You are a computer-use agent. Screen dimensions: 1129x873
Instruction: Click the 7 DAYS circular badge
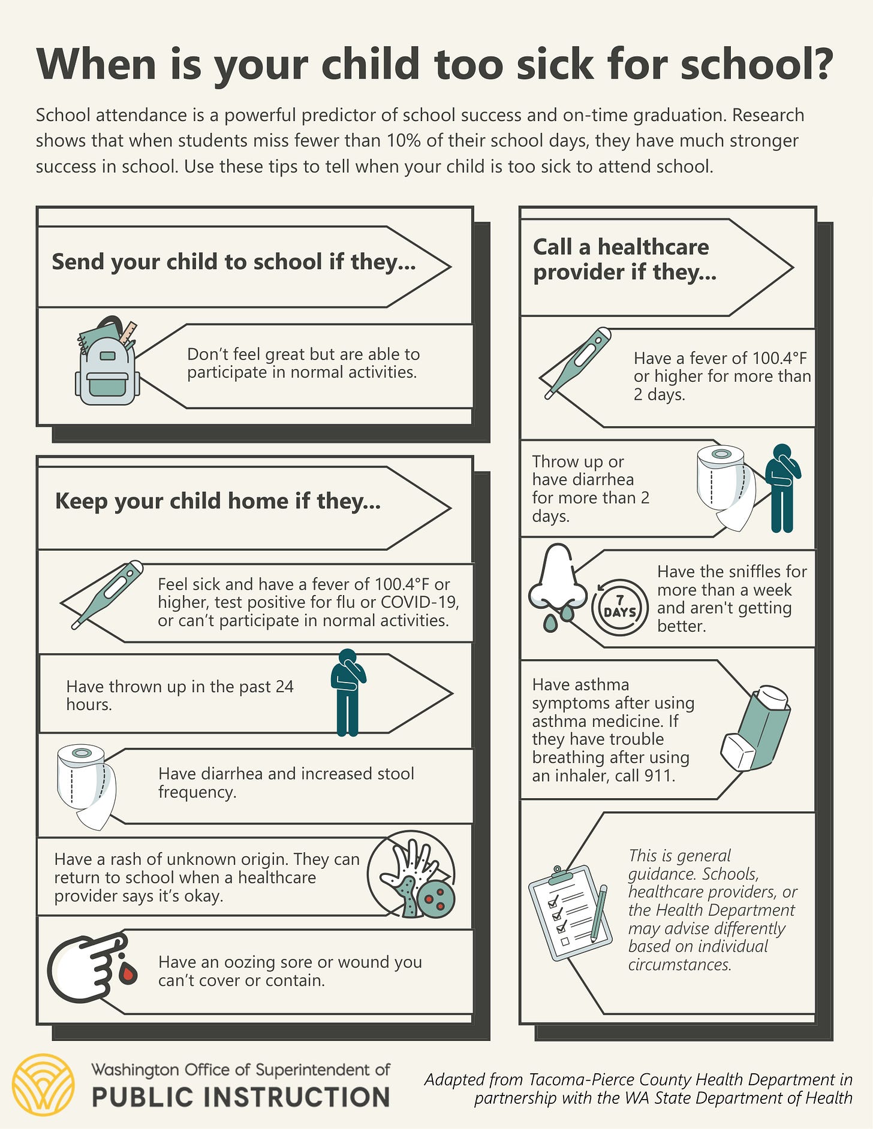coord(620,607)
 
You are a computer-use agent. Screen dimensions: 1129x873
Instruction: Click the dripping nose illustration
coord(558,584)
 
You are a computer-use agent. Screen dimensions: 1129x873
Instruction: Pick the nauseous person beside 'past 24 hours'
coord(348,692)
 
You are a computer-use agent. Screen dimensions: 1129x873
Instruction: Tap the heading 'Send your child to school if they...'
coord(234,262)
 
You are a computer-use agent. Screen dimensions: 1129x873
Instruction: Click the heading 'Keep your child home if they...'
coord(218,502)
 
